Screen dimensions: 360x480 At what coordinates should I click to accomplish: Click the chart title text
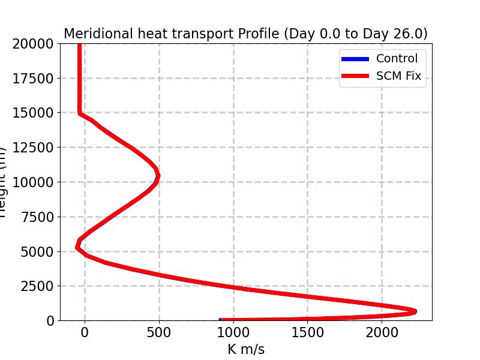pyautogui.click(x=245, y=34)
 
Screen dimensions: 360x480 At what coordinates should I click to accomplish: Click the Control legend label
pyautogui.click(x=397, y=58)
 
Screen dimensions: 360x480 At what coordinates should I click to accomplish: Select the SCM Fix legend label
pyautogui.click(x=398, y=76)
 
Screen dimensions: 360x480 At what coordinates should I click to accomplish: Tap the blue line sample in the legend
pyautogui.click(x=355, y=59)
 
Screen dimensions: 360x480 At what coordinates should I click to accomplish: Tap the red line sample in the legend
pyautogui.click(x=355, y=77)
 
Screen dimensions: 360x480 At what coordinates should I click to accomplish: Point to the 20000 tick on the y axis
pyautogui.click(x=33, y=44)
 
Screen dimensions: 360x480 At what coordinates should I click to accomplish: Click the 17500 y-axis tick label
pyautogui.click(x=33, y=79)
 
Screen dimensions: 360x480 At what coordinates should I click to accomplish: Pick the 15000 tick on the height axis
pyautogui.click(x=33, y=113)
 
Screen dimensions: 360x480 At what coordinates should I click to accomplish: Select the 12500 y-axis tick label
pyautogui.click(x=33, y=148)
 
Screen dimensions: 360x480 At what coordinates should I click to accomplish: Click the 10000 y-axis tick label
pyautogui.click(x=33, y=182)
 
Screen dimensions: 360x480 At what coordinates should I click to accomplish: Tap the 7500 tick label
pyautogui.click(x=37, y=217)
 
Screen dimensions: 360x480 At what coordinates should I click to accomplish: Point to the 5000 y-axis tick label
pyautogui.click(x=37, y=251)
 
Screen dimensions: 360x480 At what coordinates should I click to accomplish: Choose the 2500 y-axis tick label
pyautogui.click(x=37, y=286)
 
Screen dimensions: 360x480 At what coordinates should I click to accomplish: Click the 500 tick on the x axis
pyautogui.click(x=159, y=332)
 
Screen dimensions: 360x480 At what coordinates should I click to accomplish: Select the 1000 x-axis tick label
pyautogui.click(x=233, y=332)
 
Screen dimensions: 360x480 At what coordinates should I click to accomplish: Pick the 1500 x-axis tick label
pyautogui.click(x=308, y=332)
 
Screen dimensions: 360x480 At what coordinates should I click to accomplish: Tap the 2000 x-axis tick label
pyautogui.click(x=382, y=332)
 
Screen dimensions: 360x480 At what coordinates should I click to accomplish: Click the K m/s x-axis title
pyautogui.click(x=245, y=349)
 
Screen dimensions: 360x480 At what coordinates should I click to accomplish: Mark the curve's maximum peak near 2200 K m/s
pyautogui.click(x=415, y=311)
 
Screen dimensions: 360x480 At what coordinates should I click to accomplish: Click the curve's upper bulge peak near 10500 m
pyautogui.click(x=158, y=175)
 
